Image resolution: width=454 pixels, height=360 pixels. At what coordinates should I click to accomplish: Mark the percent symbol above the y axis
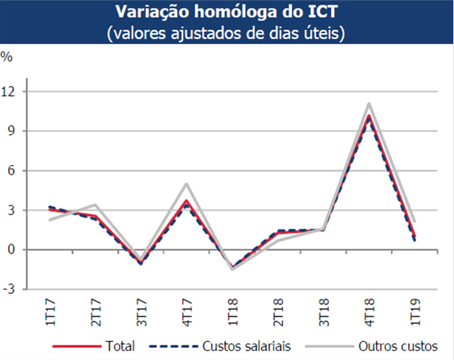coord(7,57)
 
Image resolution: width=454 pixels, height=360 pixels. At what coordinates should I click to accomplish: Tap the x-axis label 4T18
coord(369,310)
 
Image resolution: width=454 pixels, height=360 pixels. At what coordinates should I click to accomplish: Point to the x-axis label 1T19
coord(414,310)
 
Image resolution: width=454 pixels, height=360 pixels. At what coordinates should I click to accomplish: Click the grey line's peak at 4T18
coord(369,103)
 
